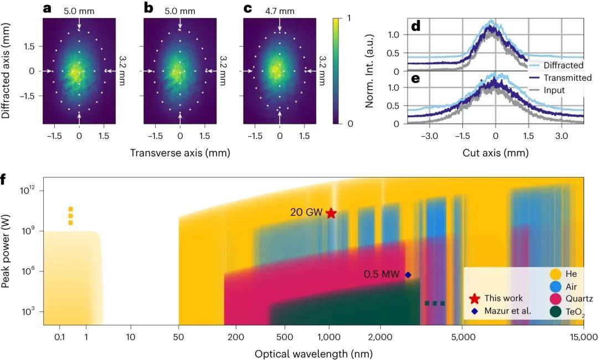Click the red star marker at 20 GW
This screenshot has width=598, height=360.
pos(331,213)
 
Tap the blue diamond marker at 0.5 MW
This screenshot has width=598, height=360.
pos(408,275)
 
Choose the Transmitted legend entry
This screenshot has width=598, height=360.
pos(567,78)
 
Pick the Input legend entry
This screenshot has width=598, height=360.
pos(554,90)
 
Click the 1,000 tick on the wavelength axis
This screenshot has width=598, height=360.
pos(329,336)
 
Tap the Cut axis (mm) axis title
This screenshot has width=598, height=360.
pos(496,152)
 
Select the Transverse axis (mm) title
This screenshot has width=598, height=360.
pos(179,152)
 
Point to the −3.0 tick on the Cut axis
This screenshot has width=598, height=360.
pos(429,136)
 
